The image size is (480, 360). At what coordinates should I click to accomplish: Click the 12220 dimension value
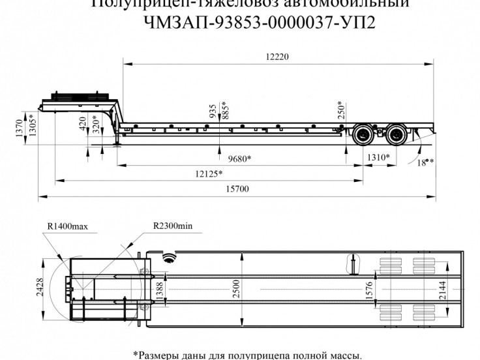[x=276, y=57]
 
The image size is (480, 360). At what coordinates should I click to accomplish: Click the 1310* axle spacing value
[x=378, y=158]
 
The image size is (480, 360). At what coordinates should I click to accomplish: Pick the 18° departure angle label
[x=425, y=162]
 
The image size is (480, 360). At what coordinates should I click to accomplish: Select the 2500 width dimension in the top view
[x=235, y=287]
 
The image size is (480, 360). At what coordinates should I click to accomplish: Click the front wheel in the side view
[x=362, y=136]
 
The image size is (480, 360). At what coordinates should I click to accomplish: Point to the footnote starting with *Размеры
[x=247, y=355]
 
